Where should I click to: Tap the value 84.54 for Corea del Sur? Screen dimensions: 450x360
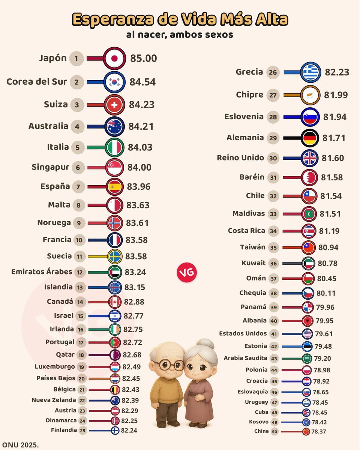click(142, 82)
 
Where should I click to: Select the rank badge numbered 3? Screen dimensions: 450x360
click(77, 105)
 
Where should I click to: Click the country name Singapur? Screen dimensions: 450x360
click(50, 167)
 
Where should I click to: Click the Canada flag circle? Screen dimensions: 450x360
click(114, 302)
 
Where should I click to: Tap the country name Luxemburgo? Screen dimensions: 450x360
click(55, 366)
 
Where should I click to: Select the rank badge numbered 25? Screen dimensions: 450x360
click(83, 430)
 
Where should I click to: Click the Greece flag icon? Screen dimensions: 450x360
click(310, 72)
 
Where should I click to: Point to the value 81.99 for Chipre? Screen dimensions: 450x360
click(336, 95)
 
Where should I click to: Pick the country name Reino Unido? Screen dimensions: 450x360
click(240, 157)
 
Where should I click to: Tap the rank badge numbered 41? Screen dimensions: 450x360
click(274, 334)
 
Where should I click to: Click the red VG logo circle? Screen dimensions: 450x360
click(186, 272)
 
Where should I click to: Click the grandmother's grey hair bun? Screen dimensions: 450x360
click(206, 344)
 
